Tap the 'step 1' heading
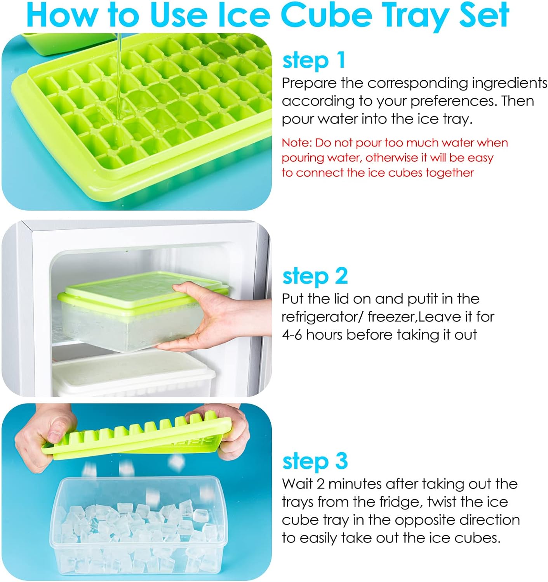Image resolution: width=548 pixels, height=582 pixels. (x=313, y=61)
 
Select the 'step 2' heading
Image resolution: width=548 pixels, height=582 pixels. (x=315, y=276)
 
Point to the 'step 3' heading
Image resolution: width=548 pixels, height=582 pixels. (x=315, y=461)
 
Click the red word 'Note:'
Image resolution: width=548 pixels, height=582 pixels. (x=296, y=143)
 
